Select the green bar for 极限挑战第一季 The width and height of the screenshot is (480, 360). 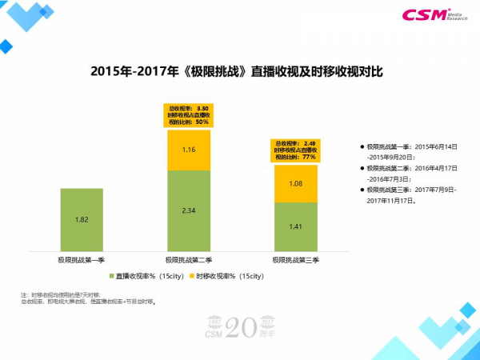[x=82, y=219]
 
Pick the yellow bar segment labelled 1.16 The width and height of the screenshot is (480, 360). [x=189, y=150]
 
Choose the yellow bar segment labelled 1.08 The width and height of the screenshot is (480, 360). [x=295, y=183]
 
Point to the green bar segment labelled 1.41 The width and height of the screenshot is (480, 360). [x=295, y=226]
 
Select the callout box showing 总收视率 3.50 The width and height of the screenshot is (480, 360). [x=189, y=114]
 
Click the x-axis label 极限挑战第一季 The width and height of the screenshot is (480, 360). [x=82, y=260]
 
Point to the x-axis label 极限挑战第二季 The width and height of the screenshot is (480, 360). [x=189, y=260]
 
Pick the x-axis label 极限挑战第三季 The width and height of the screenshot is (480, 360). [x=295, y=260]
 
